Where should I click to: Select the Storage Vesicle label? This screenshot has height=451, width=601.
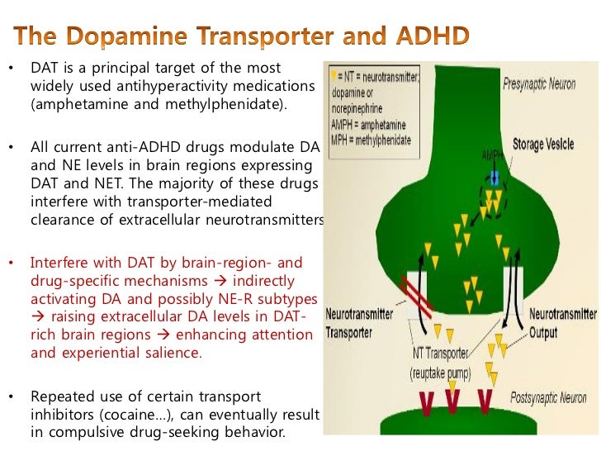(542, 145)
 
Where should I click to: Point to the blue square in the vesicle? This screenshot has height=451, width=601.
(494, 177)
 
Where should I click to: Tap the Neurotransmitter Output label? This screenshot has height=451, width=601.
(561, 324)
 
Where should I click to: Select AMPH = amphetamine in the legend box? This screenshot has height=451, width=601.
(372, 110)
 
